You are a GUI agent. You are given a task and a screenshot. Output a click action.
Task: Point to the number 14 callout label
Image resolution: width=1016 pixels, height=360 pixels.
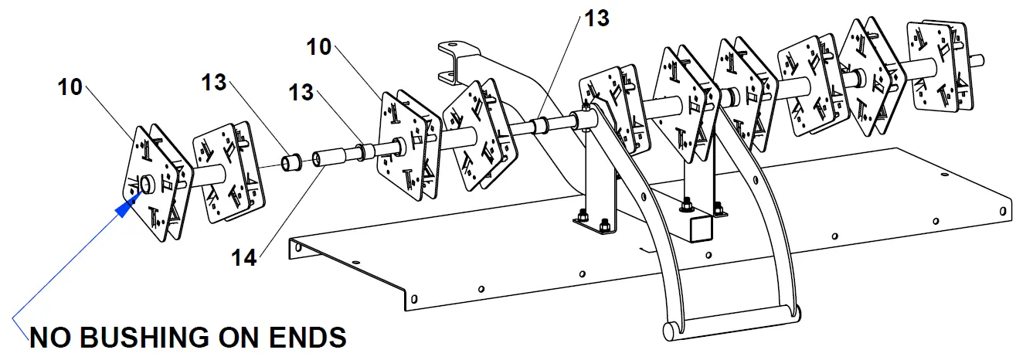[x=243, y=256]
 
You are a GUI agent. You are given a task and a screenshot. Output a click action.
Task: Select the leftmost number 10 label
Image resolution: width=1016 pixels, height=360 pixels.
[x=70, y=87]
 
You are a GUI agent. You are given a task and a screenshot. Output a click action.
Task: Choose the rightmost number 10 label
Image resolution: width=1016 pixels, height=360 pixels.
[x=318, y=46]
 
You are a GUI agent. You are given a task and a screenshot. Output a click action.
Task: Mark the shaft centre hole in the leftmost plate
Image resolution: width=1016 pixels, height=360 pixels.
[x=146, y=185]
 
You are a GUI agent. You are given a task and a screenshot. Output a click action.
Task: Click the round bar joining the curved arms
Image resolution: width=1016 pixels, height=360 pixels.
[x=734, y=325]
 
